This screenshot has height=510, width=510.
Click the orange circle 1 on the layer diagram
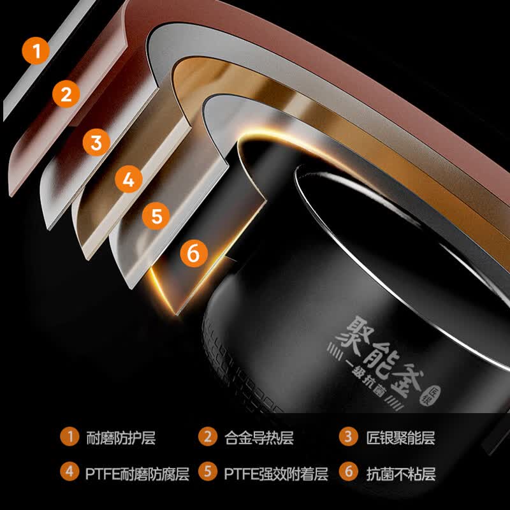(x=36, y=51)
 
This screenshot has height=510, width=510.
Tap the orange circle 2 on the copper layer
(x=66, y=94)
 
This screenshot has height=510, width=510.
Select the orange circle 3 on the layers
(x=96, y=142)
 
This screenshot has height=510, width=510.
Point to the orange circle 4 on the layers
(x=129, y=179)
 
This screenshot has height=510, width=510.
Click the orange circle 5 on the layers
(x=156, y=216)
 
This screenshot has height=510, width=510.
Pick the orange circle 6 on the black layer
(x=194, y=253)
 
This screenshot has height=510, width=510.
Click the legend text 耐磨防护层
(x=120, y=438)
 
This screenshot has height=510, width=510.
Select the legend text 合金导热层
(x=259, y=438)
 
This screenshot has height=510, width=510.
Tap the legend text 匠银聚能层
(x=401, y=438)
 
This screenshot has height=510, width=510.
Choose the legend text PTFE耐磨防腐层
(x=137, y=474)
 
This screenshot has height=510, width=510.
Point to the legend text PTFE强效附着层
(x=276, y=474)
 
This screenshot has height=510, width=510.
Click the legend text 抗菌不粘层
(x=401, y=474)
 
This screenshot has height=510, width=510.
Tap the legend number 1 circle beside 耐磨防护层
(x=69, y=437)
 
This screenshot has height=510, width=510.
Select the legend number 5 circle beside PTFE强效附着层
(x=208, y=472)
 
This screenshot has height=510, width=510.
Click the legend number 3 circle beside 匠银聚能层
(x=348, y=437)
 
